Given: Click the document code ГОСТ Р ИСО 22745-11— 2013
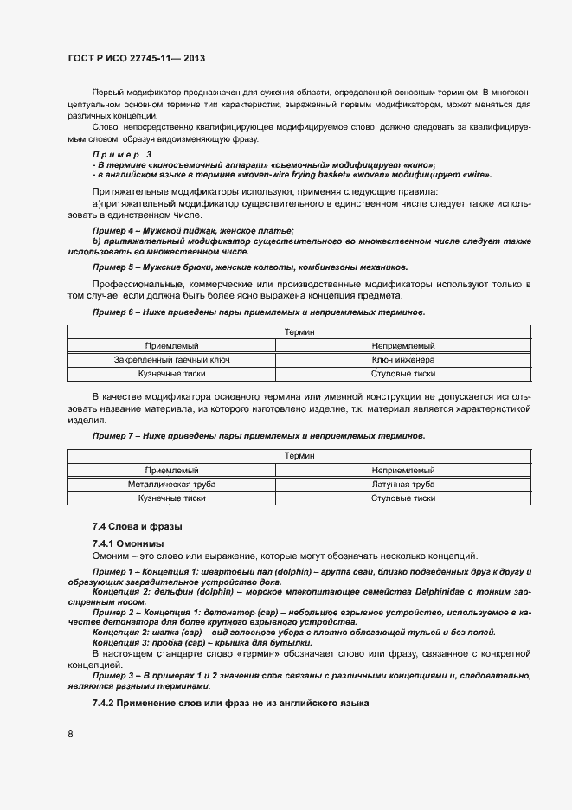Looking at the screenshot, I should [136, 59].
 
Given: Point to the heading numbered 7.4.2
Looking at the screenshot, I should [230, 702].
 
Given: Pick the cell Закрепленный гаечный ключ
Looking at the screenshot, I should [171, 359].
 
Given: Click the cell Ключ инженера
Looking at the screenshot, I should [402, 359].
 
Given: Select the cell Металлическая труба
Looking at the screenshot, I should [171, 485].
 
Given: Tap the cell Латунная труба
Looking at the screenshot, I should [402, 485].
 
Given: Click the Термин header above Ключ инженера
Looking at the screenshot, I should [299, 331].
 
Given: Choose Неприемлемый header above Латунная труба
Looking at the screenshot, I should [402, 470].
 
